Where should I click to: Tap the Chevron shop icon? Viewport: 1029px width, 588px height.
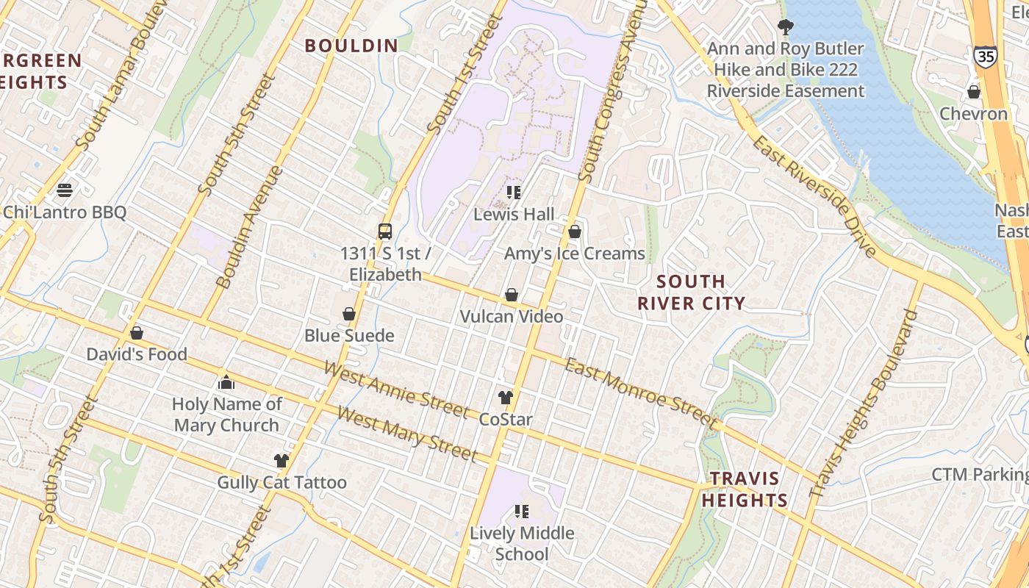(974, 93)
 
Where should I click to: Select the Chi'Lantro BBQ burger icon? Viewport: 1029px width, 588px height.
(65, 190)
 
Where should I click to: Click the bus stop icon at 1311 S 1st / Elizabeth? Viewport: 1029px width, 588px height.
(385, 232)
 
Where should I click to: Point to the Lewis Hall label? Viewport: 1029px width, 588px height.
(514, 215)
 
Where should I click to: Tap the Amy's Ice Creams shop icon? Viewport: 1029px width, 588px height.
(575, 232)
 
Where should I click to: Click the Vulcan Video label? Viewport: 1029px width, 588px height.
(512, 317)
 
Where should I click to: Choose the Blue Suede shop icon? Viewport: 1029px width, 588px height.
(349, 315)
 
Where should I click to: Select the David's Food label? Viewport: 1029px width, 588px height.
(137, 354)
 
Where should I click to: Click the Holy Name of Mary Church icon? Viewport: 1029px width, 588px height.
(226, 383)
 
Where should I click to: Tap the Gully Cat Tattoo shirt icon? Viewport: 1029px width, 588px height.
(282, 461)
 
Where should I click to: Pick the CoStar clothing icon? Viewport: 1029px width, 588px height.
(506, 398)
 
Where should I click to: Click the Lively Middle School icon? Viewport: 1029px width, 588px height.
(522, 512)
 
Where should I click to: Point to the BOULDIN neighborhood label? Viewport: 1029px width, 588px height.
(351, 46)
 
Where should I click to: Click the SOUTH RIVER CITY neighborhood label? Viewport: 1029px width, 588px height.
(691, 292)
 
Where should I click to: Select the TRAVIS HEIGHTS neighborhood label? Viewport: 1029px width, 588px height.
(744, 490)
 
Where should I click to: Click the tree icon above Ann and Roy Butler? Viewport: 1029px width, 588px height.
(786, 28)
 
